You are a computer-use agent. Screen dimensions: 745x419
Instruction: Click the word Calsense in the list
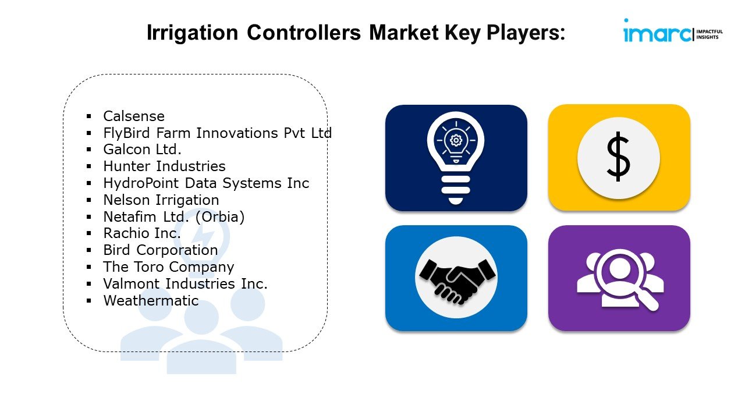coord(134,116)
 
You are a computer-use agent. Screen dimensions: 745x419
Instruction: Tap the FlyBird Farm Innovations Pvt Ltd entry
coord(218,133)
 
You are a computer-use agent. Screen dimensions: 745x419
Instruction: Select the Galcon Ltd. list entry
coord(143,150)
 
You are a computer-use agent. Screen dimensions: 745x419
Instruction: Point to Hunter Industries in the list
coord(164,166)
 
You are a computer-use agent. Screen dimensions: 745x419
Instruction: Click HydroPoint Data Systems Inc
coord(206,183)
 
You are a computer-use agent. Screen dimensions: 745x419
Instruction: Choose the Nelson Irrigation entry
coord(161,200)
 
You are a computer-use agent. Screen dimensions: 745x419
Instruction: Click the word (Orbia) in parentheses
coord(220,217)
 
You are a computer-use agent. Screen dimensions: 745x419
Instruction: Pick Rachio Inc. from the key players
coord(142,233)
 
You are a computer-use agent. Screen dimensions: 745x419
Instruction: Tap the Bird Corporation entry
coord(160,250)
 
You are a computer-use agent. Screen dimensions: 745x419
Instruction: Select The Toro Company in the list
coord(169,267)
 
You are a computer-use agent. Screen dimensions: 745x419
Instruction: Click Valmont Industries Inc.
coord(185,283)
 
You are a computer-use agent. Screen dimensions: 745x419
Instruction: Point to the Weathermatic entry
coord(151,301)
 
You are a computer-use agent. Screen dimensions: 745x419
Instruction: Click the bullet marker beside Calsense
coord(89,116)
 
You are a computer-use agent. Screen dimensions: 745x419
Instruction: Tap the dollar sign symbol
coord(619,157)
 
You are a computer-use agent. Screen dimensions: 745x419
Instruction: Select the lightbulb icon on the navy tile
coord(456,158)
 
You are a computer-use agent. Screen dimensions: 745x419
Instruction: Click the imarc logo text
coord(657,33)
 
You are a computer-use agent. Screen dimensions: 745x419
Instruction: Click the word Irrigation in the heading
coord(193,33)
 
